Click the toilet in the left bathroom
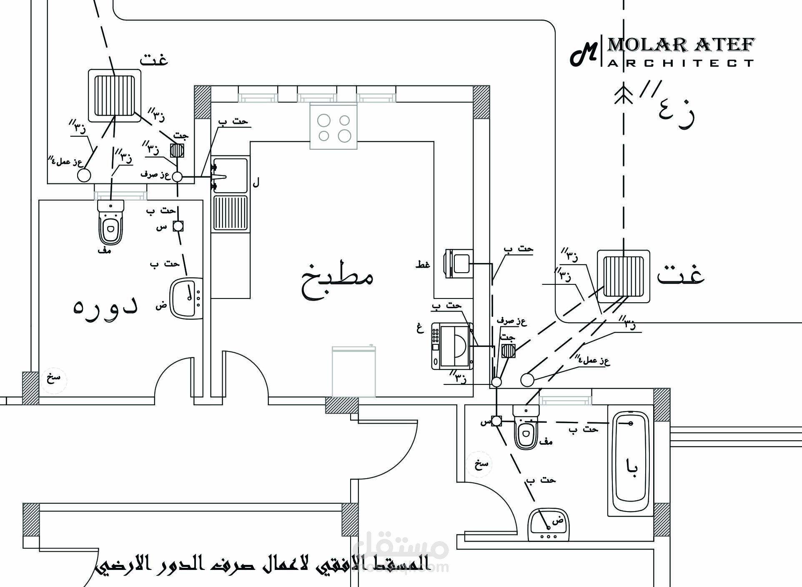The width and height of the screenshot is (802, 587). [110, 223]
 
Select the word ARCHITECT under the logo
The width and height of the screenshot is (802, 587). [680, 63]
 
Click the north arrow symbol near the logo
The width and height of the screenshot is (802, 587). [624, 95]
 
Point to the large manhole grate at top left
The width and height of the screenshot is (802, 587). [115, 95]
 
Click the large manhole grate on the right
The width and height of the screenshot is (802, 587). [623, 276]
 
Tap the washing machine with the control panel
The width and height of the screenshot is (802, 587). [452, 346]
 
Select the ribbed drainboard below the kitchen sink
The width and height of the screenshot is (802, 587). [231, 213]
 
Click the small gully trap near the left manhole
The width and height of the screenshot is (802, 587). [177, 150]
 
